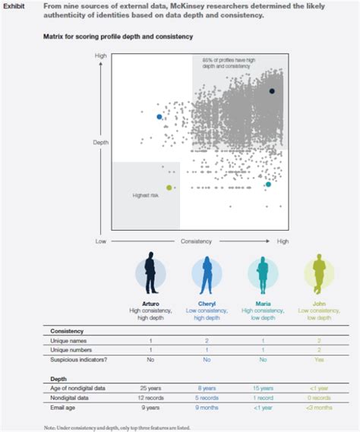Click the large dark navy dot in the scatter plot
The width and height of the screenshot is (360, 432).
272,90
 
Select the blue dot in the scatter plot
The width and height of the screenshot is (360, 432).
159,117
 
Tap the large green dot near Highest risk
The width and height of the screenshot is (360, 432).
169,187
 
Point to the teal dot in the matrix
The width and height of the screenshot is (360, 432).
267,184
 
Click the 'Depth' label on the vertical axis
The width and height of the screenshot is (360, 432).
100,142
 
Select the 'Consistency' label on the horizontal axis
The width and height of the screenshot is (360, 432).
195,241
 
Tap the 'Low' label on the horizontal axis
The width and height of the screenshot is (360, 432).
99,241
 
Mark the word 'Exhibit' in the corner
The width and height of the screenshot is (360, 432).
16,6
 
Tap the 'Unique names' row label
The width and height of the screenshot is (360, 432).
71,342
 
